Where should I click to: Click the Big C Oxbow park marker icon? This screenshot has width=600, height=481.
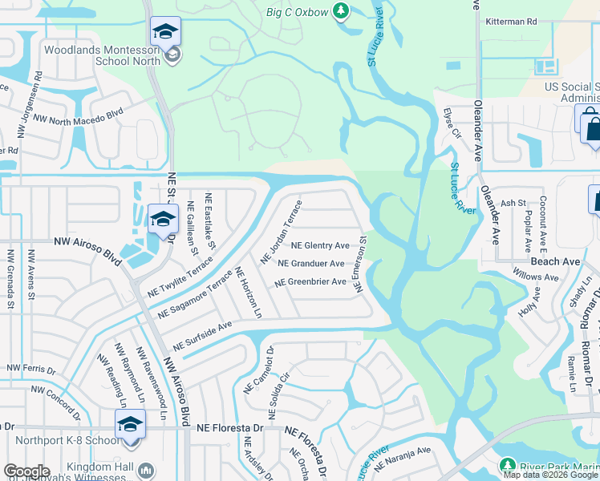pos(342,11)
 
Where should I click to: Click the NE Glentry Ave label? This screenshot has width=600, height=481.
pos(320,245)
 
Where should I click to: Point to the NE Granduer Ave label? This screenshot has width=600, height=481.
pos(312,263)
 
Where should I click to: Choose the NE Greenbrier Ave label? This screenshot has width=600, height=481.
pos(310,282)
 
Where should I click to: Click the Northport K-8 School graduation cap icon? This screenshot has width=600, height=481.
pos(129,423)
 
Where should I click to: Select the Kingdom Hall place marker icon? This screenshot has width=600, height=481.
pos(145,469)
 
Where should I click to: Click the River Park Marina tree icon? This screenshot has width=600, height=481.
pos(507,466)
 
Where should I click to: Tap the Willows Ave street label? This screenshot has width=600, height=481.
pos(537,277)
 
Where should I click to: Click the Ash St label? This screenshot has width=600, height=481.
pos(513,204)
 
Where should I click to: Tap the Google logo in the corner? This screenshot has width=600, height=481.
pos(26,471)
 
